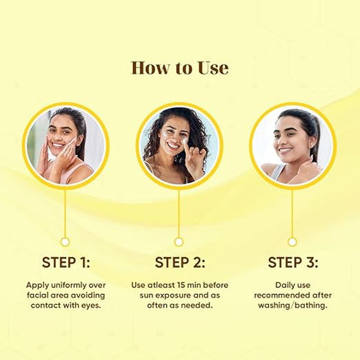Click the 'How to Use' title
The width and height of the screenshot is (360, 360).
point(180,68)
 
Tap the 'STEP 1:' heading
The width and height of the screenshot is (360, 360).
point(66,262)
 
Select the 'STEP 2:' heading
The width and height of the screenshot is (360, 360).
point(180,262)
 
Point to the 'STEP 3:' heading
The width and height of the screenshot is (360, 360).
point(293,262)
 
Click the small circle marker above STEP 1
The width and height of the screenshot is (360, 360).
point(65,242)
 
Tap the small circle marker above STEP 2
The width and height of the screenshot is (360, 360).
point(179,242)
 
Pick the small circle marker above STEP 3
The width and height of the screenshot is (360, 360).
point(292,242)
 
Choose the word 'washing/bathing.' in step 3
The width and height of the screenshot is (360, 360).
point(293,306)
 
